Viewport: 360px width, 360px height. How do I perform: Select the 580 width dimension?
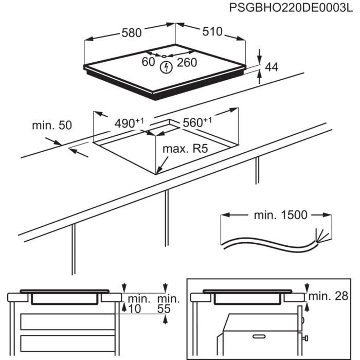click(131, 32)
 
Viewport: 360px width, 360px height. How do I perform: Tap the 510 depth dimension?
click(212, 32)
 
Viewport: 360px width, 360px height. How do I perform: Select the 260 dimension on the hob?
click(187, 63)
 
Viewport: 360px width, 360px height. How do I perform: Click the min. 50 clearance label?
click(51, 125)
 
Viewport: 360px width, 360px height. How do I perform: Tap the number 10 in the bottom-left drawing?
click(135, 309)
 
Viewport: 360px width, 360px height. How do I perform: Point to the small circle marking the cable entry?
click(163, 56)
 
